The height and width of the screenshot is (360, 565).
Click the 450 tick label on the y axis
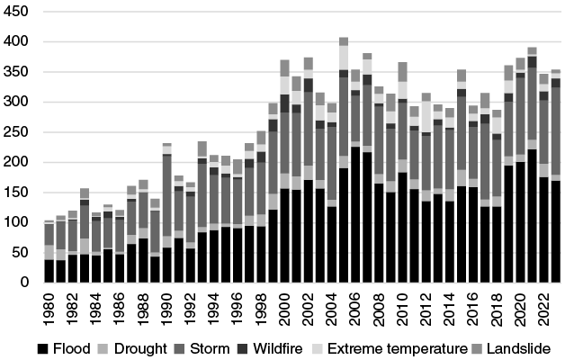(x=17, y=12)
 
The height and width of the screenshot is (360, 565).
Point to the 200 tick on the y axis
(x=17, y=163)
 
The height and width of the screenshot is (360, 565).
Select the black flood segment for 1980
(x=49, y=271)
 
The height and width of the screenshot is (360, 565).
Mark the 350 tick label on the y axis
(x=17, y=72)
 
